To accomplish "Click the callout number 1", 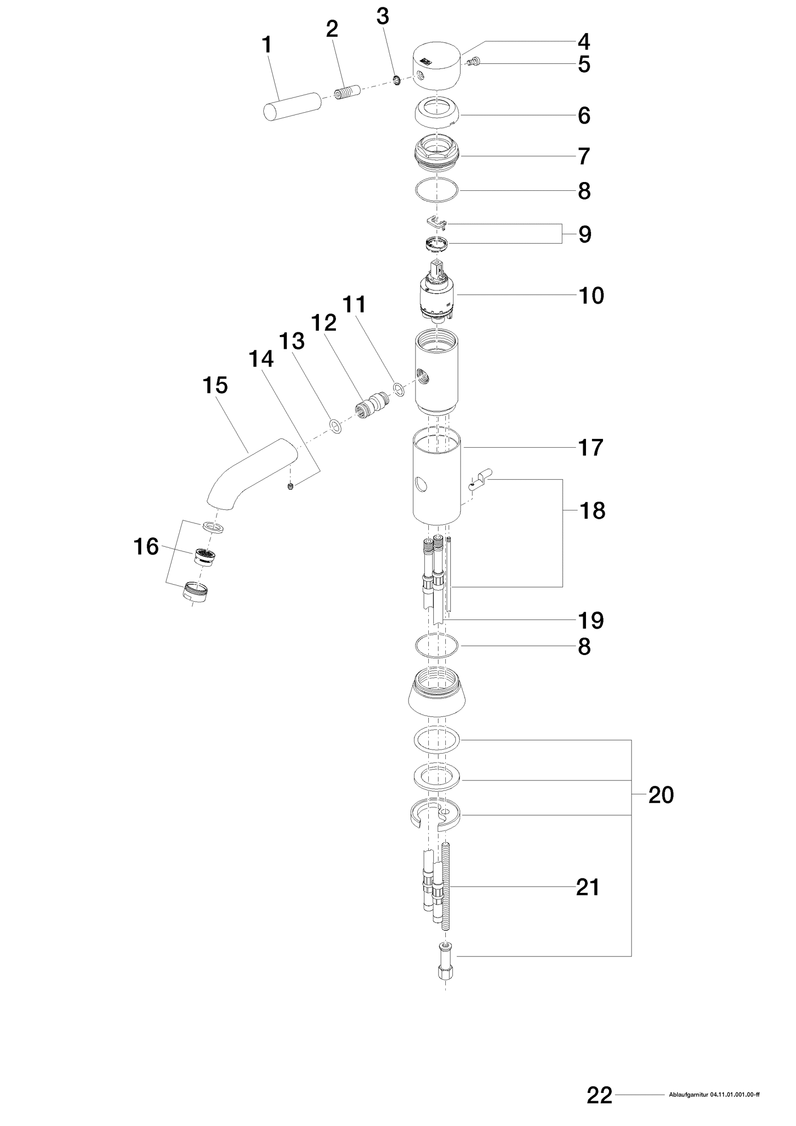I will pyautogui.click(x=267, y=45).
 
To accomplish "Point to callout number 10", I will pyautogui.click(x=591, y=296).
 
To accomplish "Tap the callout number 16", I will pyautogui.click(x=146, y=547).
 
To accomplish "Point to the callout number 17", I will pyautogui.click(x=591, y=448).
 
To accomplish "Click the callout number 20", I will pyautogui.click(x=661, y=795).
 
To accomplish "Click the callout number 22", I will pyautogui.click(x=599, y=1095).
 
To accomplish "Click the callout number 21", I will pyautogui.click(x=588, y=887).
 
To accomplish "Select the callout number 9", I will pyautogui.click(x=584, y=234).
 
